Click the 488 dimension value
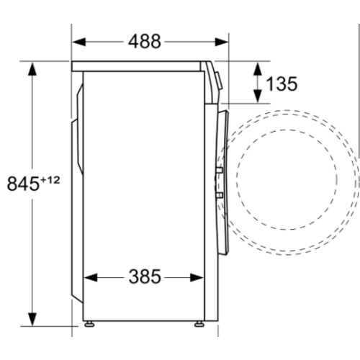145,42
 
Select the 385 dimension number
145,276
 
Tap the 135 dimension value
282,84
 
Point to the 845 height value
23,184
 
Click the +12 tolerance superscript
50,180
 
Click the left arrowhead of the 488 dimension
79,42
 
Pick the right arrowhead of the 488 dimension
222,42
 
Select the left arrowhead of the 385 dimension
91,278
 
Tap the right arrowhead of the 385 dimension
197,278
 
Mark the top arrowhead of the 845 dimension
32,69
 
